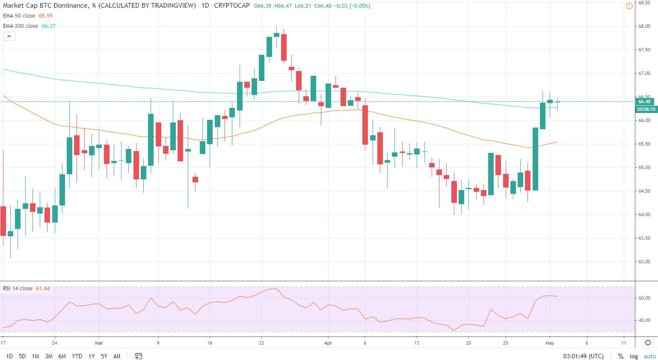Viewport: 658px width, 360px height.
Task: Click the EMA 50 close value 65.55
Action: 46,16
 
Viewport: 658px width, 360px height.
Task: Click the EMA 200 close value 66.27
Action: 48,26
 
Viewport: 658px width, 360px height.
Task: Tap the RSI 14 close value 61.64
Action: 43,289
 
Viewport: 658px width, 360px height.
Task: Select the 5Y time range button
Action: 104,356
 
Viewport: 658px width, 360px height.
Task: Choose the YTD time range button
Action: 77,356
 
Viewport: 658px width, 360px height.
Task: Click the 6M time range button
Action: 62,356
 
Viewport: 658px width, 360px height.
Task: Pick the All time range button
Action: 117,356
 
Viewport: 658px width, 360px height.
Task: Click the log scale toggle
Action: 634,356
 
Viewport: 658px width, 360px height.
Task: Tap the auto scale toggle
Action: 649,356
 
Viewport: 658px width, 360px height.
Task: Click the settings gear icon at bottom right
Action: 648,342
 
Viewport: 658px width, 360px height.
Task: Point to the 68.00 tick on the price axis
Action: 644,27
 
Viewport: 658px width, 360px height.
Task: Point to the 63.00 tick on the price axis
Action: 644,262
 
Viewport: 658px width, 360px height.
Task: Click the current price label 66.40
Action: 644,102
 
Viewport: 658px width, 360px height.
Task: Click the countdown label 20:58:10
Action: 646,109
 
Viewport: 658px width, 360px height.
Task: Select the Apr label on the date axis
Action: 328,343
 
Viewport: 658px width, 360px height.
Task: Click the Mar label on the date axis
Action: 99,343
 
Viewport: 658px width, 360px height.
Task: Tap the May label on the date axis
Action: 550,343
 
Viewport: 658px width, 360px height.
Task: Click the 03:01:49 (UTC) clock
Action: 583,356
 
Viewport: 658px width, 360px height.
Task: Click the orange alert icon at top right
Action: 629,6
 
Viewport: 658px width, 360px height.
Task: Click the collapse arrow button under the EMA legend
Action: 9,36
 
